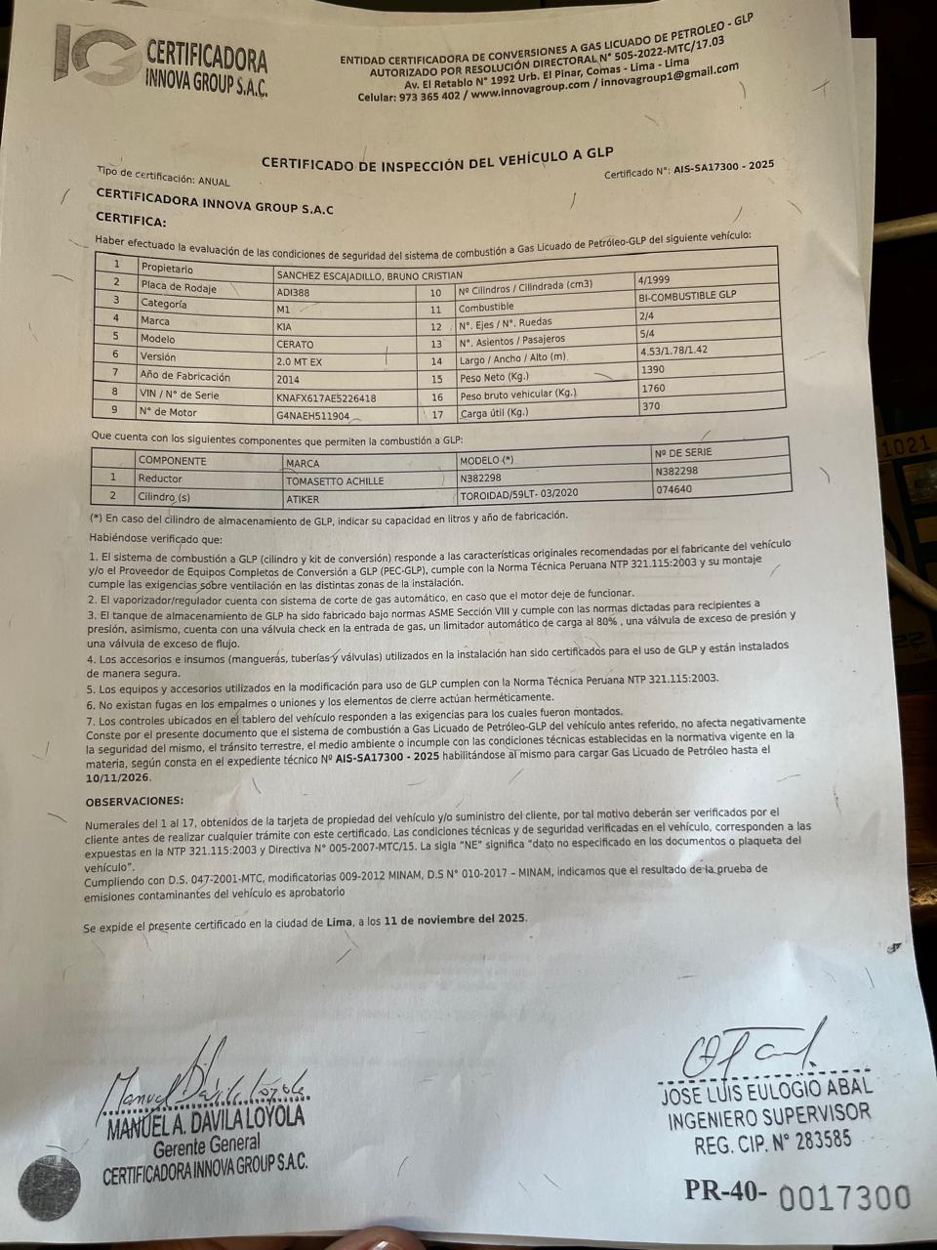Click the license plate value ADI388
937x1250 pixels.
tap(293, 292)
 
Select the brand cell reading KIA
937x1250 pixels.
tap(284, 326)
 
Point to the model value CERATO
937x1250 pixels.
tap(295, 344)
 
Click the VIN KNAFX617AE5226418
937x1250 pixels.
tap(326, 398)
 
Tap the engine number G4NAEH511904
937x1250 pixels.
tap(312, 416)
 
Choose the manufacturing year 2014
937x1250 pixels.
tap(289, 380)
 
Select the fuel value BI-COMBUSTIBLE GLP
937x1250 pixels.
tap(686, 295)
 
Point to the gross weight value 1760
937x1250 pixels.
tap(654, 389)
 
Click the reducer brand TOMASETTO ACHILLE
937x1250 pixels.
tap(334, 481)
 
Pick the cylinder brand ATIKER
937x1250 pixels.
tap(302, 499)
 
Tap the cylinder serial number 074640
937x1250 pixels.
tap(675, 489)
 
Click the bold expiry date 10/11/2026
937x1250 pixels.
tap(118, 779)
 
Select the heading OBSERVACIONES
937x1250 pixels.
tap(135, 802)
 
